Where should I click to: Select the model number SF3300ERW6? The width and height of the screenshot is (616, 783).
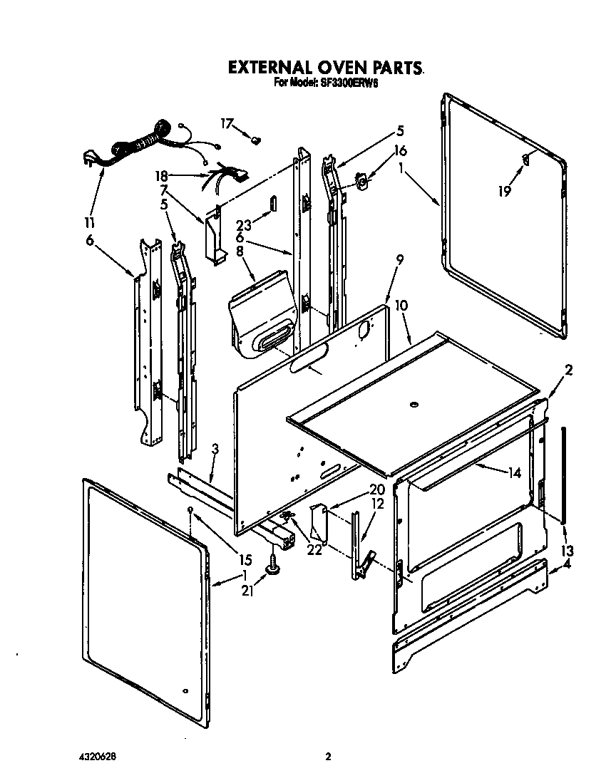(x=346, y=83)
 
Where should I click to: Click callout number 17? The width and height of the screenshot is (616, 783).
(x=226, y=123)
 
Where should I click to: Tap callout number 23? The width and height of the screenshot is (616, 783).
(x=242, y=211)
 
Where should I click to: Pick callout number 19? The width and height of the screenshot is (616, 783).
(x=505, y=191)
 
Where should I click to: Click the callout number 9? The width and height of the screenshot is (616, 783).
(x=399, y=261)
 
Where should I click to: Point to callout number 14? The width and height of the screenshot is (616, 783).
(x=515, y=472)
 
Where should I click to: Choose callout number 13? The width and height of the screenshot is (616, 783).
(x=567, y=551)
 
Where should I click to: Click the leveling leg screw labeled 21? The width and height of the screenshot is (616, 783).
(x=273, y=567)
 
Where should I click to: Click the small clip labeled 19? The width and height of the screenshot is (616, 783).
(x=525, y=160)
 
